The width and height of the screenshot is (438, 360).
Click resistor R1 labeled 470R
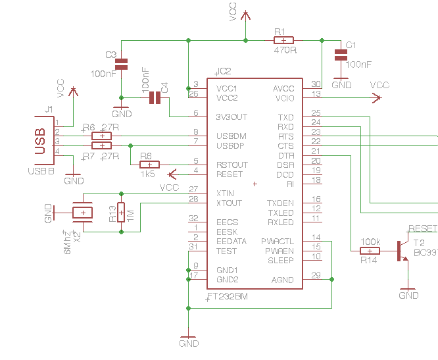(283, 40)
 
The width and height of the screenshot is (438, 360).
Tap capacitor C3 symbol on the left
(121, 64)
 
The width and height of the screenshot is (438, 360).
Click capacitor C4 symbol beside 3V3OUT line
(155, 98)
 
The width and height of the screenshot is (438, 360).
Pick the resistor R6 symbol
(102, 136)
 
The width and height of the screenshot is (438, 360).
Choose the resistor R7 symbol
(102, 145)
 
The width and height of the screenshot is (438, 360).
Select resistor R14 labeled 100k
(370, 251)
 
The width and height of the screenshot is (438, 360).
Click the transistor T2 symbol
(401, 251)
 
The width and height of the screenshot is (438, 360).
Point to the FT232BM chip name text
(228, 297)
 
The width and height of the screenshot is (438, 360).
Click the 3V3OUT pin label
(231, 117)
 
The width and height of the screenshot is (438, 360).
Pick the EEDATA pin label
(231, 242)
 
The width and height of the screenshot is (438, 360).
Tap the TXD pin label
(285, 117)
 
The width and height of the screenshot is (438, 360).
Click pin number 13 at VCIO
(316, 94)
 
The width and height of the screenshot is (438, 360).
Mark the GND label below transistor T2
(408, 296)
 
